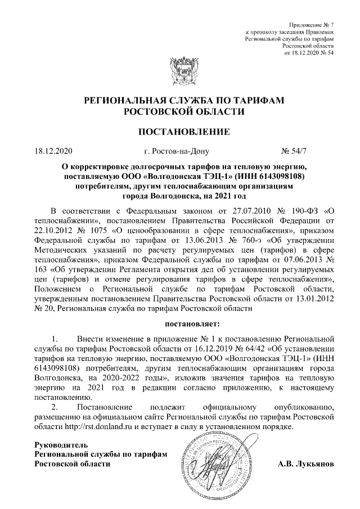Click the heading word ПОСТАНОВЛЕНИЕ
180,133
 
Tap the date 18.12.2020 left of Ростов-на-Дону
54,151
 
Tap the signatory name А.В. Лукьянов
306,464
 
